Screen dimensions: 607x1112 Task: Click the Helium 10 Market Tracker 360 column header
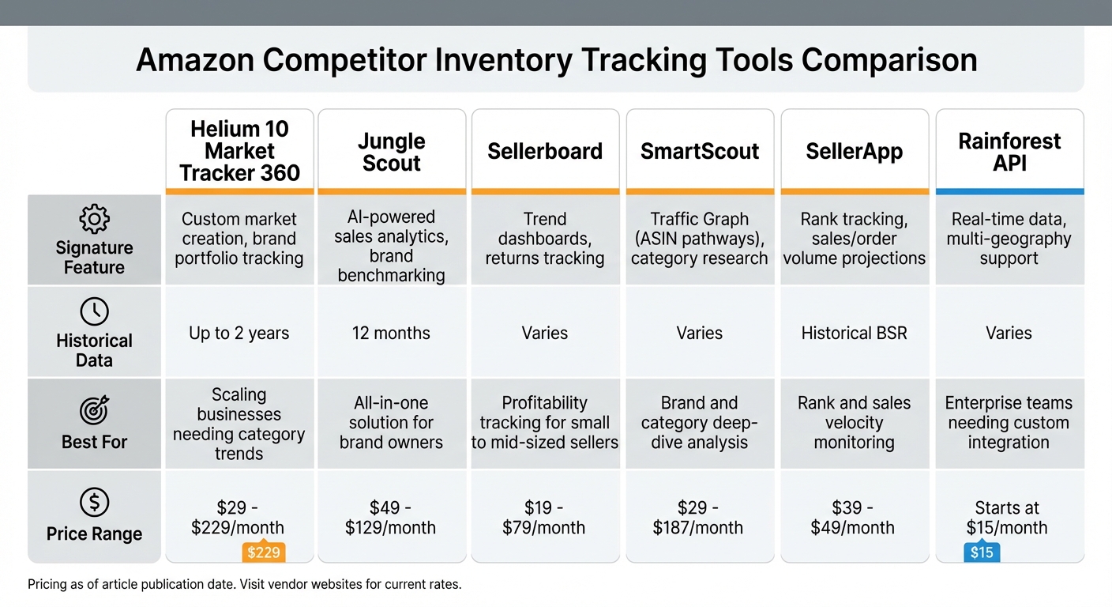click(239, 151)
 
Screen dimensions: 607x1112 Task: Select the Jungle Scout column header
click(391, 153)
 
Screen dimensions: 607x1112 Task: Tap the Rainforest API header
click(1009, 153)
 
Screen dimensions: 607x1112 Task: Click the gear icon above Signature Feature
click(94, 218)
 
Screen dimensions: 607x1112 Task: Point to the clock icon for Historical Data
click(94, 311)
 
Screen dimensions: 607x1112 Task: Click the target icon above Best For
click(94, 411)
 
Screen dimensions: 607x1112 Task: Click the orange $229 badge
click(263, 552)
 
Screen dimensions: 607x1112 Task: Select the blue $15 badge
click(982, 552)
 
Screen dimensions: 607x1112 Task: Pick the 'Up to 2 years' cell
click(239, 333)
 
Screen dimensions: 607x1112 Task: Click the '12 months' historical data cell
click(391, 333)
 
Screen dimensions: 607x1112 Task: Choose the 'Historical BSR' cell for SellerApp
click(854, 333)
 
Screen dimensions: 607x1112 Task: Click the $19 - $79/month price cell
click(544, 518)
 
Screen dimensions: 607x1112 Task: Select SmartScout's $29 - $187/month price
click(699, 518)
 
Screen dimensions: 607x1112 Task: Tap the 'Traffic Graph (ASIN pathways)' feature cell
click(699, 239)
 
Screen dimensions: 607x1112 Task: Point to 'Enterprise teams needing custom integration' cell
click(1009, 423)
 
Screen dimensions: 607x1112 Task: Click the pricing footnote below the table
click(244, 585)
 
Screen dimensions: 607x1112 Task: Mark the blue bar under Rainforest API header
click(1009, 191)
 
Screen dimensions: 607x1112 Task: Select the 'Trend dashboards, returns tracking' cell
click(544, 239)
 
